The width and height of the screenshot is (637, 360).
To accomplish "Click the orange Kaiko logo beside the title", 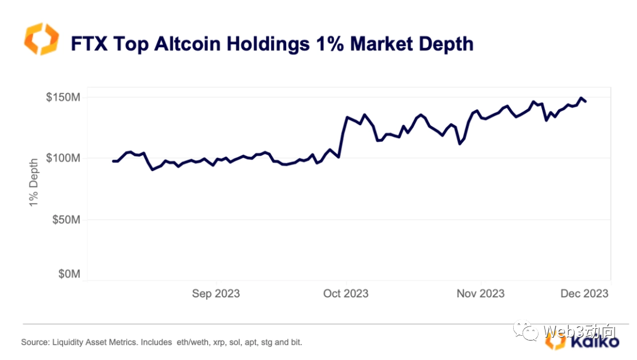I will click(x=42, y=39).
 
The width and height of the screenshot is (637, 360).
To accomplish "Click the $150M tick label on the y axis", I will click(x=63, y=97).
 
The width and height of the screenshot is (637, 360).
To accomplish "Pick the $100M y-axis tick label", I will click(x=63, y=158).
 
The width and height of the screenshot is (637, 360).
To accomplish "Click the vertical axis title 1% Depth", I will click(x=34, y=181).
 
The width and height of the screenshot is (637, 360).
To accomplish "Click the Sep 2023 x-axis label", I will click(x=216, y=293).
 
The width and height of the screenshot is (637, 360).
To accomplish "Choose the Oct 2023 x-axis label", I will click(x=346, y=293).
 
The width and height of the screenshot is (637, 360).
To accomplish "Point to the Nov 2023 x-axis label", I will click(x=481, y=293).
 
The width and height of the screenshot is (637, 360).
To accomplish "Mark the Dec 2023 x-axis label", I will click(x=584, y=293).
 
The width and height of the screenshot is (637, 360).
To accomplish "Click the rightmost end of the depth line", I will click(x=585, y=102).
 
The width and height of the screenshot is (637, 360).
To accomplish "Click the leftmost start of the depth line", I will click(x=113, y=161).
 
